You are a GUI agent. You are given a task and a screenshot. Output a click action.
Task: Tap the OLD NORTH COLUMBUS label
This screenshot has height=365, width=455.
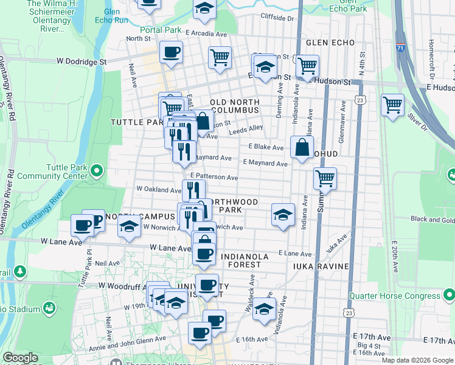[235, 106]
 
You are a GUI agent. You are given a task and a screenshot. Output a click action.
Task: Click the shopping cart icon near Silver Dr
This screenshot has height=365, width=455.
[392, 105]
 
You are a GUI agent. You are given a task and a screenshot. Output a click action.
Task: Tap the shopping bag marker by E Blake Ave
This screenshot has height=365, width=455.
[302, 147]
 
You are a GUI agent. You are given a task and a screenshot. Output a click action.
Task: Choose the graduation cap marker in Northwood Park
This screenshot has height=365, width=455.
[283, 215]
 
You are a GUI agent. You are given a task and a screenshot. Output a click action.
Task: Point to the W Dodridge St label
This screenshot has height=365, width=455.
[82, 61]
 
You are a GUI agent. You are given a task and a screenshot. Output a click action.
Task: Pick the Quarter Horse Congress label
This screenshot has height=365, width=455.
[394, 296]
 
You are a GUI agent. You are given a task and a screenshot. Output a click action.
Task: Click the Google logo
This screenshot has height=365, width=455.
[20, 358]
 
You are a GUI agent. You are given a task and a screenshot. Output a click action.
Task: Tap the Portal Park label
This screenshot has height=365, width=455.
[161, 30]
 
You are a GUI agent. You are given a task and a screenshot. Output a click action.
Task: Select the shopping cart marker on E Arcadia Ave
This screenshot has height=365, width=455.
[220, 58]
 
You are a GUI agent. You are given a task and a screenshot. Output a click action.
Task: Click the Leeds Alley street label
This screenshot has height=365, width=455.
[246, 128]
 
